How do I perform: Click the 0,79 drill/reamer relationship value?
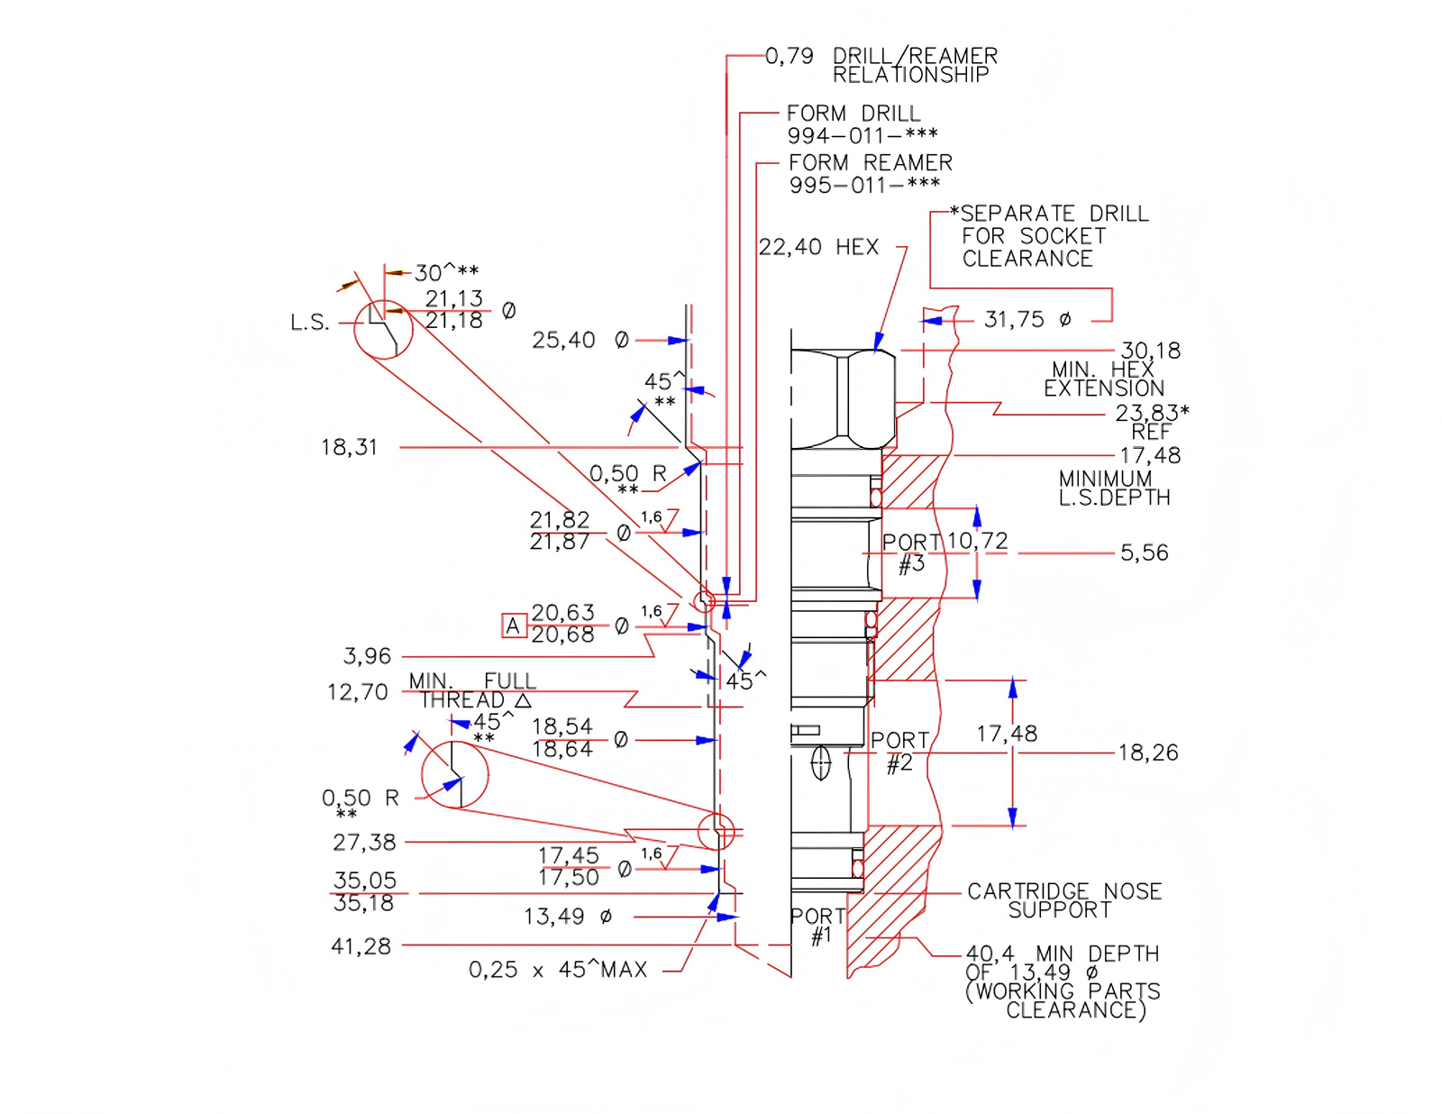click(x=789, y=56)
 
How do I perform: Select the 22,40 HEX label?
click(x=817, y=247)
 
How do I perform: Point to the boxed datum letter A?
click(x=513, y=625)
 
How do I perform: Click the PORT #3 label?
click(x=911, y=552)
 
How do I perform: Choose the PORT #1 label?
click(x=818, y=926)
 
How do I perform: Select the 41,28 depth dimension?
click(x=360, y=946)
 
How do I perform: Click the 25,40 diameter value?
click(x=563, y=340)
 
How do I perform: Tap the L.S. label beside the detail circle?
click(x=309, y=323)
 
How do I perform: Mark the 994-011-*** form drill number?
click(x=862, y=136)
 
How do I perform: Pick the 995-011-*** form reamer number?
click(x=863, y=186)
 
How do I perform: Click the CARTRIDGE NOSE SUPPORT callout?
click(x=1063, y=900)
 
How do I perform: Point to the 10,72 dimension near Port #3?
click(x=977, y=541)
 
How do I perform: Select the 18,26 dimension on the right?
click(x=1147, y=753)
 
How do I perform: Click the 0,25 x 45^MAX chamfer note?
click(x=557, y=970)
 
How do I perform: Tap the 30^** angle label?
click(x=446, y=272)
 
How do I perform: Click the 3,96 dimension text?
click(x=367, y=656)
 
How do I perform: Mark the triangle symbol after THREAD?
click(x=523, y=700)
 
